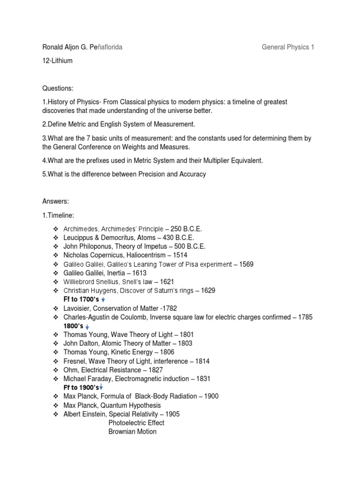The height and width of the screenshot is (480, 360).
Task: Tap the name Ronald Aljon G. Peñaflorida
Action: [82, 47]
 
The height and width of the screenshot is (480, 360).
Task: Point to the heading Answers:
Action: [56, 201]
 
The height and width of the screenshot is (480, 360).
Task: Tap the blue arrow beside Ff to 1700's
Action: [103, 300]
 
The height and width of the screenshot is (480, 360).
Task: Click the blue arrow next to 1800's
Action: [88, 326]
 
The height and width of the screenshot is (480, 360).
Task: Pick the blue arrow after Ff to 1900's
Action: [101, 387]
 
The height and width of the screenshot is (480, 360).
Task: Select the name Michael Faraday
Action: [85, 378]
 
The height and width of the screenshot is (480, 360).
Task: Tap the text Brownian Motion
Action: [133, 432]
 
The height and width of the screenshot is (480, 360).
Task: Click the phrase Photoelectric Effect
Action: [136, 423]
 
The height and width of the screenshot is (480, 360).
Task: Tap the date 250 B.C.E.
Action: [186, 228]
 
